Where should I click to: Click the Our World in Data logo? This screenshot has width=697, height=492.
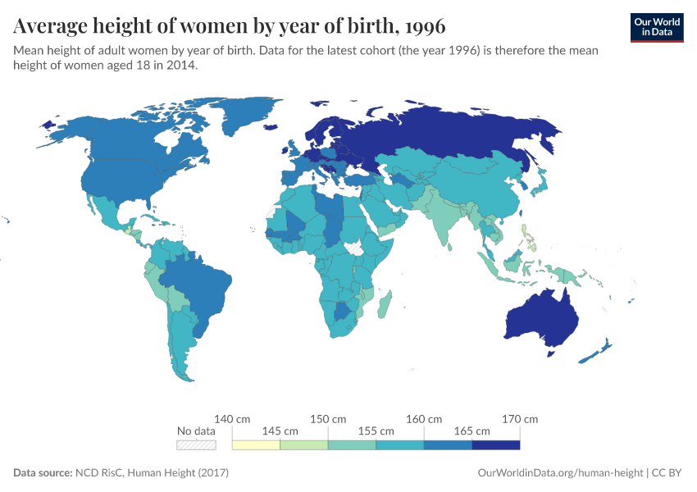[x=656, y=27]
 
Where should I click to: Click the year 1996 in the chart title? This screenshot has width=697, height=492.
[x=425, y=26]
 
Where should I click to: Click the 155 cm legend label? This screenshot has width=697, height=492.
[x=376, y=430]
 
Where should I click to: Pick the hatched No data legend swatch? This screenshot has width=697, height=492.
[x=196, y=445]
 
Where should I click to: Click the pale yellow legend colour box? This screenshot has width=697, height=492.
[x=256, y=445]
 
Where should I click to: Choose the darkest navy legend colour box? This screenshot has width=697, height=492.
[x=496, y=445]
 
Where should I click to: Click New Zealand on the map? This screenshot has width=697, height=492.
[x=597, y=352]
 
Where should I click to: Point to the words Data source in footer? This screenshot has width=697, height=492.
[x=43, y=473]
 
